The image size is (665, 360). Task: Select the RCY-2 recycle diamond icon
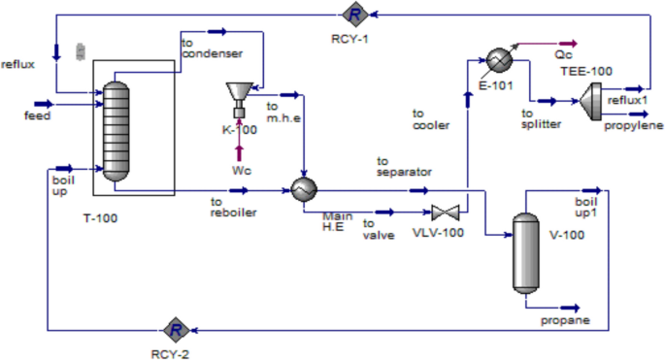coord(176,329)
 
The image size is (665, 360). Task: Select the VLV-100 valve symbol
coord(447,213)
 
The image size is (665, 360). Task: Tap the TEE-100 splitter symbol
coord(590,96)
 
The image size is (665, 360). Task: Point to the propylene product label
coord(634,125)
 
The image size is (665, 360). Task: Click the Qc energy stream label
coord(563,55)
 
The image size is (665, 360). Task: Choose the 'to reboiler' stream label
coord(234,207)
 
